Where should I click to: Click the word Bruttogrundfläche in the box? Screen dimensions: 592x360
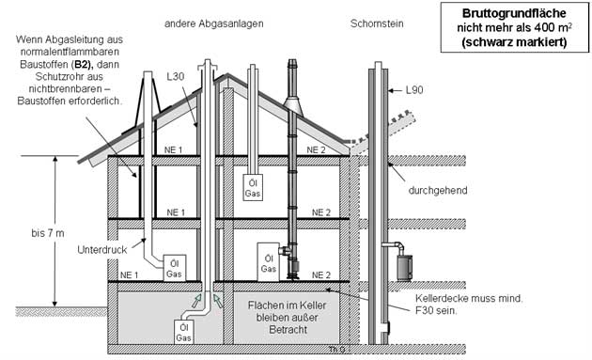point(514,13)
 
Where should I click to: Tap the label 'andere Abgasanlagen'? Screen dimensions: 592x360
point(213,23)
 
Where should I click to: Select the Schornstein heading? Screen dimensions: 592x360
point(377,23)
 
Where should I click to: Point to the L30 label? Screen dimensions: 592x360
point(176,77)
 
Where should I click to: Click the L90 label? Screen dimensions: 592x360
point(414,90)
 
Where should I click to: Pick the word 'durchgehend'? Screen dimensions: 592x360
point(438,190)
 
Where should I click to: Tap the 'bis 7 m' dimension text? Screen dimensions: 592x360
point(48,233)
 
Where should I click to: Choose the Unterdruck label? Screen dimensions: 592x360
point(101,249)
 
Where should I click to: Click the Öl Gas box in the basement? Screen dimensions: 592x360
point(183,332)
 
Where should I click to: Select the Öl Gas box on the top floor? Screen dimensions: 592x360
point(253,188)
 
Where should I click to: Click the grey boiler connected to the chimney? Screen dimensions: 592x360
point(404,268)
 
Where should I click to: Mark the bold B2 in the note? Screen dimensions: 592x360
point(83,65)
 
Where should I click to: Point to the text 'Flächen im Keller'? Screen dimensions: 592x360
point(287,305)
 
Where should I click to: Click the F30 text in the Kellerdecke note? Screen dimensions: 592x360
point(425,311)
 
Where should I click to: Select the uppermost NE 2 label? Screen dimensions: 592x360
point(316,150)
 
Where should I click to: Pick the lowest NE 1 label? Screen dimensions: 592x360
point(129,275)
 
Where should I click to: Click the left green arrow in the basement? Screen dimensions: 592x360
point(196,301)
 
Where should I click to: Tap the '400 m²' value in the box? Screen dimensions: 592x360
point(553,27)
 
